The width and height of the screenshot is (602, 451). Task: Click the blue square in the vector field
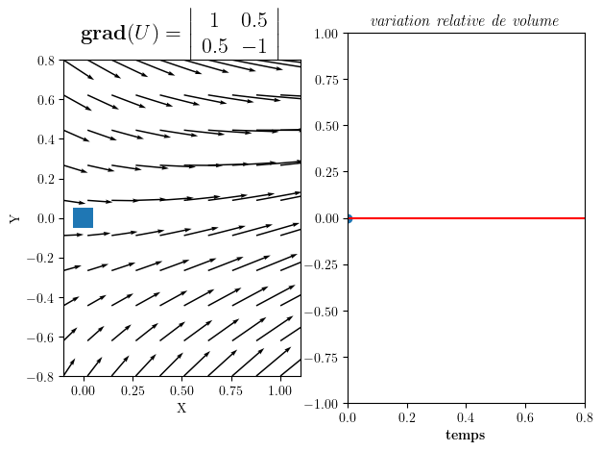(x=83, y=218)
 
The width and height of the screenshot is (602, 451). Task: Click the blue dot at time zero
(x=348, y=218)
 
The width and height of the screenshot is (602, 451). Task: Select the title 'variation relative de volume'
(x=465, y=21)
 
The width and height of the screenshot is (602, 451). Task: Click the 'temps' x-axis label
(x=466, y=436)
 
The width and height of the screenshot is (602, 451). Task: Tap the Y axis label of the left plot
(x=14, y=218)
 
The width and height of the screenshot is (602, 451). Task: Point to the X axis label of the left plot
(x=181, y=409)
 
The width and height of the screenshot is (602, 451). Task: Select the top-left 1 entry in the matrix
(x=212, y=20)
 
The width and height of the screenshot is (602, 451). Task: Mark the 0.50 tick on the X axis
(x=181, y=391)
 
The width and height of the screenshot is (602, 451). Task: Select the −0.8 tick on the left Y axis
(x=44, y=377)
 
